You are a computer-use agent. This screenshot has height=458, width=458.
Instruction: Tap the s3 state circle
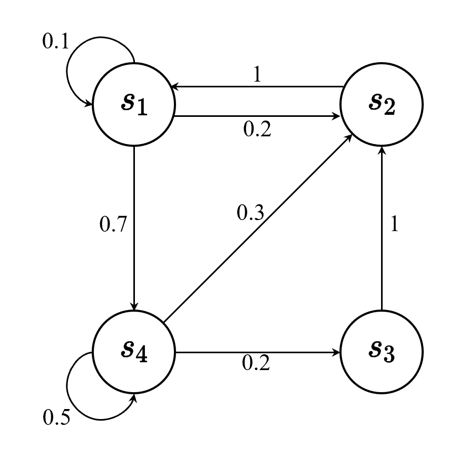tap(381, 351)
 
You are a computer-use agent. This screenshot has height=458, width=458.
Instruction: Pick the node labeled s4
tap(134, 351)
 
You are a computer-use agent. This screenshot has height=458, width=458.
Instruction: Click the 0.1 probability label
tap(55, 42)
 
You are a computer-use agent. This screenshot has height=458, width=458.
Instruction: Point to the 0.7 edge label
tap(113, 225)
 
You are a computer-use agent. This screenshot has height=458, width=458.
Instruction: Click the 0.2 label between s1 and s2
tap(257, 130)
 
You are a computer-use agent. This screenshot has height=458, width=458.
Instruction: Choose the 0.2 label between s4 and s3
tap(256, 363)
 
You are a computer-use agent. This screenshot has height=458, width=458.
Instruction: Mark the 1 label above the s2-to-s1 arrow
tap(257, 75)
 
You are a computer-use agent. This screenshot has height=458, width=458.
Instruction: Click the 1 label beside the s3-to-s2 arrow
tap(393, 225)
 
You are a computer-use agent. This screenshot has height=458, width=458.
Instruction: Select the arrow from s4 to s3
tap(258, 351)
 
